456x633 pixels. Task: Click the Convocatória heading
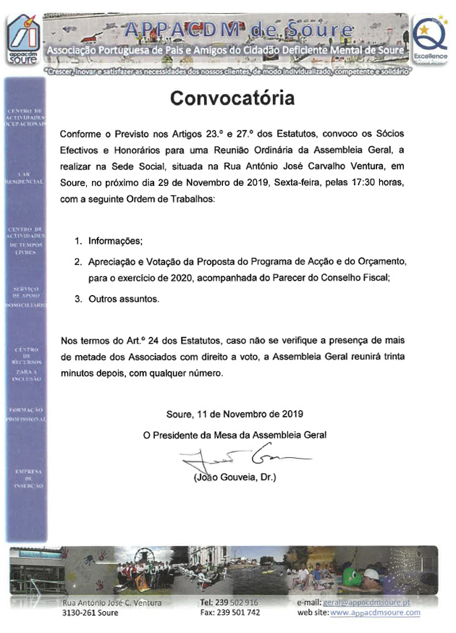tap(232, 98)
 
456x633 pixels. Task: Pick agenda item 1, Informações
tap(114, 240)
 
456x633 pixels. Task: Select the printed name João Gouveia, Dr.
tap(235, 477)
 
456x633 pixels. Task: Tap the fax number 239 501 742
tap(239, 613)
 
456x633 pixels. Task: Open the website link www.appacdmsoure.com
tap(375, 613)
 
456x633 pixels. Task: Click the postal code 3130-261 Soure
tap(90, 613)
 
